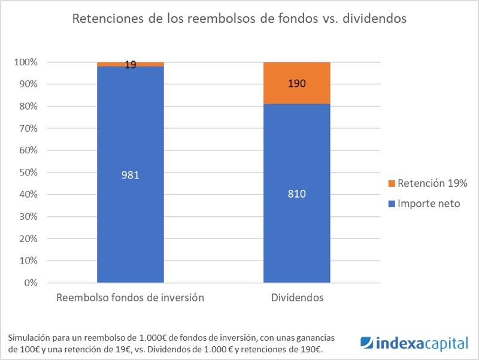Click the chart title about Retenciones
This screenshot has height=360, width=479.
(239, 19)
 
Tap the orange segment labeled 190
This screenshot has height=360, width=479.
(297, 83)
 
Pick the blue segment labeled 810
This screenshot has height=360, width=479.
(297, 193)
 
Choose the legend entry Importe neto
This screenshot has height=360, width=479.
(429, 204)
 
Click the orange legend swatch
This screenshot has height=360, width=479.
(392, 183)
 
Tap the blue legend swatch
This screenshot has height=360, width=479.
(392, 204)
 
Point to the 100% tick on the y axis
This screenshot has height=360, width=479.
(26, 62)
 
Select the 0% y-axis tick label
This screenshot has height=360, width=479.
(30, 283)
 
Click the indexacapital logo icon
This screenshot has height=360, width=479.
(366, 343)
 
